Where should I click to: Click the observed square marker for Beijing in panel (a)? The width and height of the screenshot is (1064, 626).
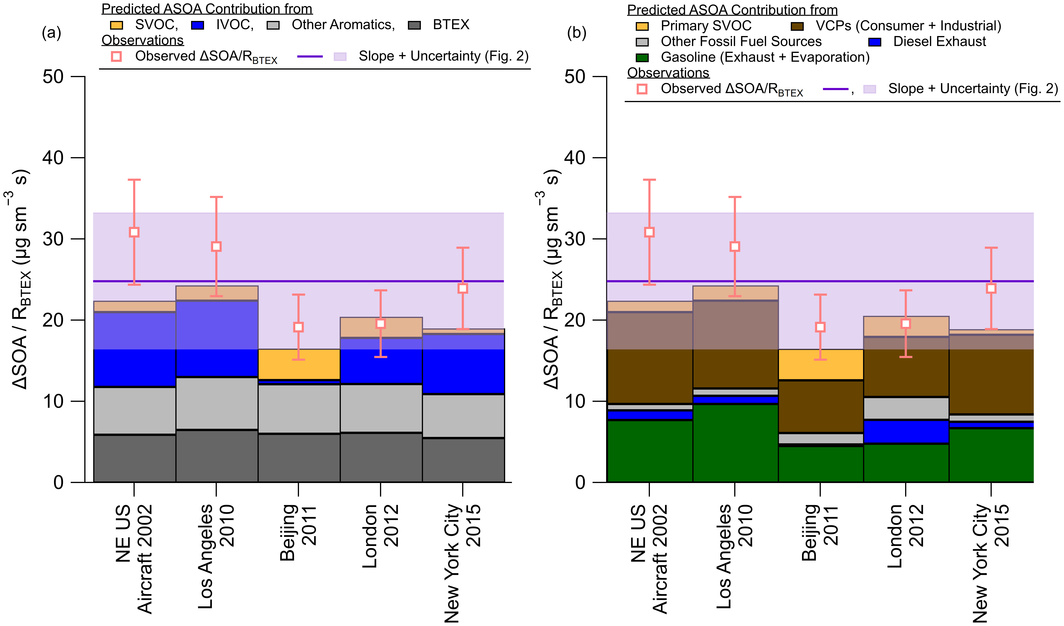coord(299,327)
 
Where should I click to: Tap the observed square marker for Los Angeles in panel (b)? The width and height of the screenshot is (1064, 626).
coord(735,246)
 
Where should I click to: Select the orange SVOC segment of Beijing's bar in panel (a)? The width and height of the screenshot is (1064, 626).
coord(299,364)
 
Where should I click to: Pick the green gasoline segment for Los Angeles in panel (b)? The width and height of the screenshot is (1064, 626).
coord(735,443)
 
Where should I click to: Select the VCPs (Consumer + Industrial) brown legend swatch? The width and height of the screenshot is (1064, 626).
coord(797,26)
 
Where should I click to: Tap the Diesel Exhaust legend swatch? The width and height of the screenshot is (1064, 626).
coord(875,42)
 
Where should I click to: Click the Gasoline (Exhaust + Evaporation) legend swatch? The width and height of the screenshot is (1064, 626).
coord(642,57)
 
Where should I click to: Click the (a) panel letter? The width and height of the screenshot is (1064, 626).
coord(52,33)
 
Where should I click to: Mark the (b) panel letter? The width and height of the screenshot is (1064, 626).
coord(577,33)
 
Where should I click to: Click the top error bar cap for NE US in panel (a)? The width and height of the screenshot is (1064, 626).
coord(134,180)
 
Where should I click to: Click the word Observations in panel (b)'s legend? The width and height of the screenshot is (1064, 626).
coord(668,73)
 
